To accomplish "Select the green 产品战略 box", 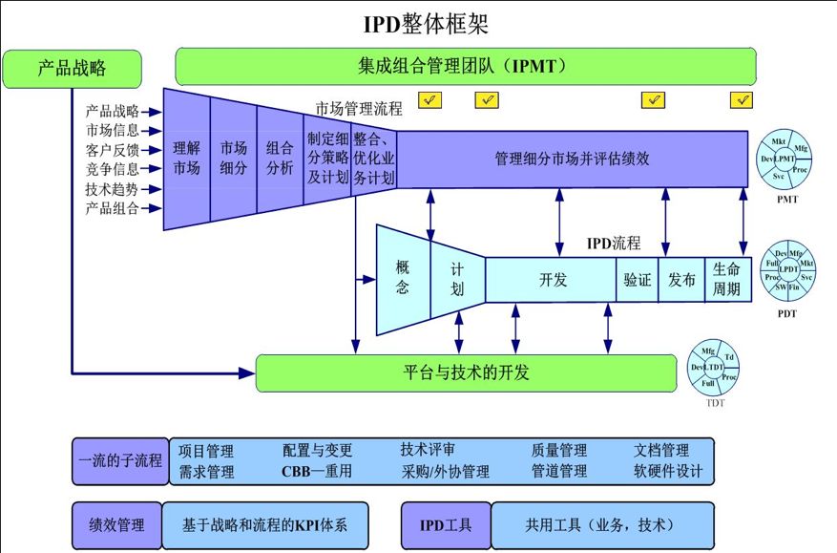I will coord(73,68).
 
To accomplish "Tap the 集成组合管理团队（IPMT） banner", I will coord(465,67).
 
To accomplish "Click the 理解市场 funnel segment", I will coord(186,159).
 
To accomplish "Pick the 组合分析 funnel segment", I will coord(280,159).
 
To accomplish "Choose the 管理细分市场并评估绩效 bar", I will coord(573,159).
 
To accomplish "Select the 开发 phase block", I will coord(553,280).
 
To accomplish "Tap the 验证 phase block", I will coord(637,280).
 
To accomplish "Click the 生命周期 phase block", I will coord(726,280).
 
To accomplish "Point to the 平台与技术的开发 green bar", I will coord(467,372).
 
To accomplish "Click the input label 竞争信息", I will coord(112,169).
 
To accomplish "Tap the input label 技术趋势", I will coord(112,189).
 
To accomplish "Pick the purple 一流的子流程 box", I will coord(119,460).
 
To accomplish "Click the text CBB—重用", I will coord(317,472).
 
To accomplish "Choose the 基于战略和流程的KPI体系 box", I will coord(264,524).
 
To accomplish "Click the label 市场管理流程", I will coord(360,109).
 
